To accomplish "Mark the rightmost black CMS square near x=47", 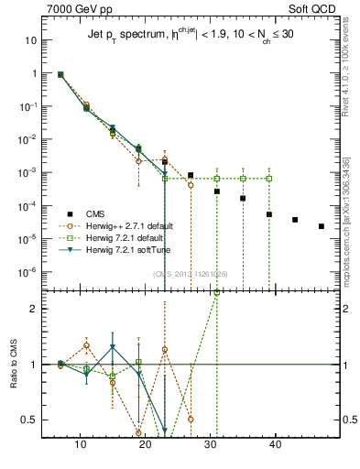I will click(x=321, y=226).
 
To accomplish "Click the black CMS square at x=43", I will click(x=295, y=220).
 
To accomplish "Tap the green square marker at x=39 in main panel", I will click(x=269, y=178).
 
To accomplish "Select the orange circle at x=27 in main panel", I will click(x=191, y=185).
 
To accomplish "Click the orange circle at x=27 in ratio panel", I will click(x=191, y=420).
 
